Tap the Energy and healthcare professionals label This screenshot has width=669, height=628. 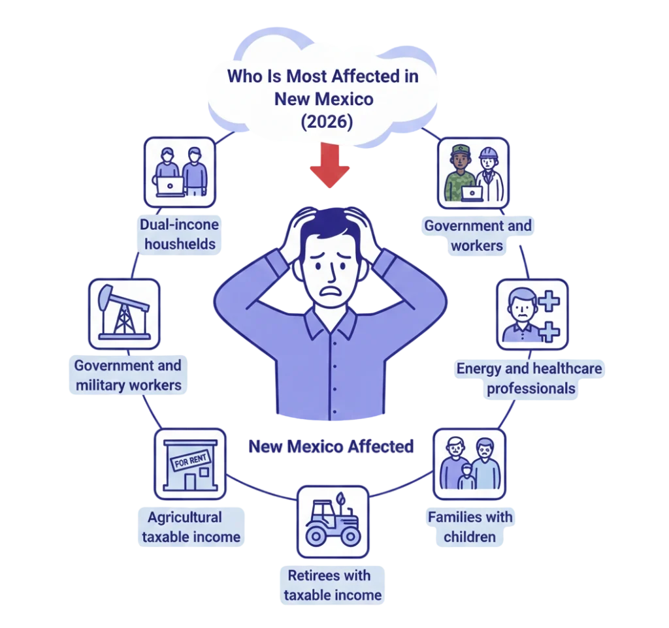pyautogui.click(x=529, y=379)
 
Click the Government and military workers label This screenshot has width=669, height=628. pyautogui.click(x=128, y=375)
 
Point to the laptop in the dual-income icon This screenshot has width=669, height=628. pyautogui.click(x=170, y=185)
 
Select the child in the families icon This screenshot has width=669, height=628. pyautogui.click(x=466, y=476)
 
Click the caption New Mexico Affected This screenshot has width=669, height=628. pyautogui.click(x=331, y=447)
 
